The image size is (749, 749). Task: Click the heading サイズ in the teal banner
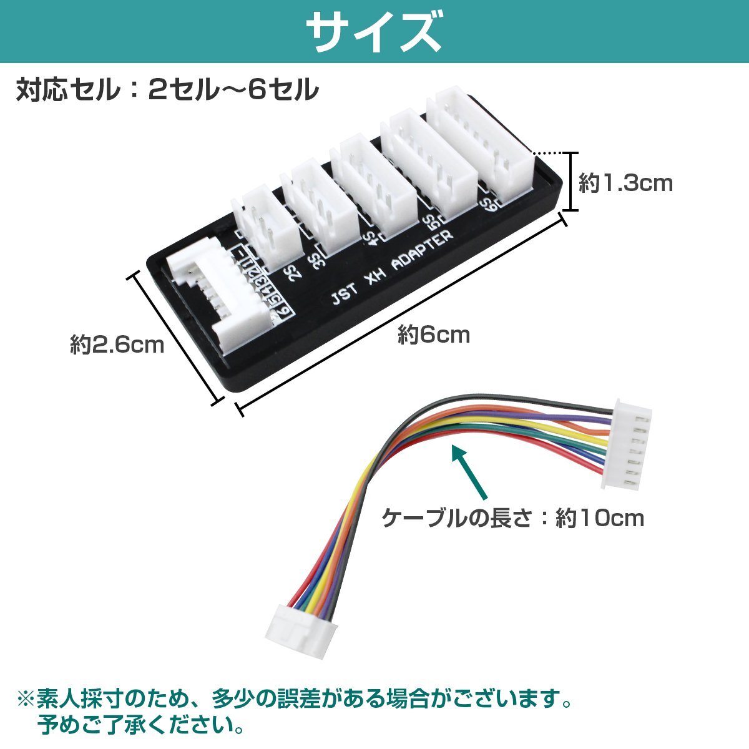(x=374, y=31)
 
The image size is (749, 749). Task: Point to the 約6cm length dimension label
(x=434, y=335)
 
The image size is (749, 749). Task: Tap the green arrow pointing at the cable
(x=469, y=472)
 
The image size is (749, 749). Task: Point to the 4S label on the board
(x=369, y=237)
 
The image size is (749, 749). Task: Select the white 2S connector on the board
(x=267, y=227)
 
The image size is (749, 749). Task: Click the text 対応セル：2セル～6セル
(x=167, y=89)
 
